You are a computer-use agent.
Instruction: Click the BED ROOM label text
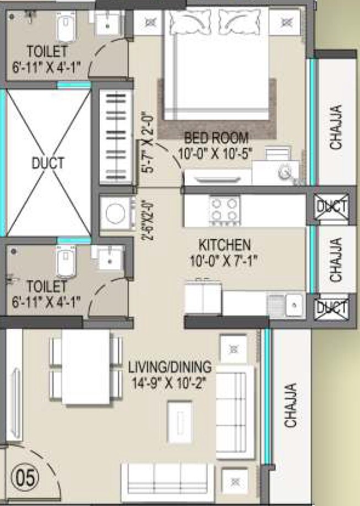[x=216, y=137]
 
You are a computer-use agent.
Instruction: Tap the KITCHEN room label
[x=225, y=244]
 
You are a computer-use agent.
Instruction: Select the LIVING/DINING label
[x=170, y=366]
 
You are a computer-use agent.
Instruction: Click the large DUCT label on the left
[x=47, y=163]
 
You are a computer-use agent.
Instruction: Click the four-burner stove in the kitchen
[x=225, y=210]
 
